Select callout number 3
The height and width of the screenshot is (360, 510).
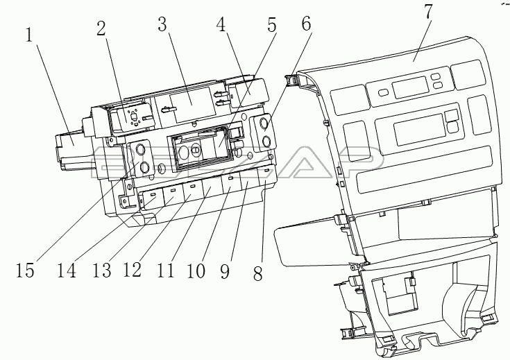[162, 26]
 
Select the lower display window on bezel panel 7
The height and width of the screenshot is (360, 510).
[415, 129]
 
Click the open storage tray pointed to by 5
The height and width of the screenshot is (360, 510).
[201, 150]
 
